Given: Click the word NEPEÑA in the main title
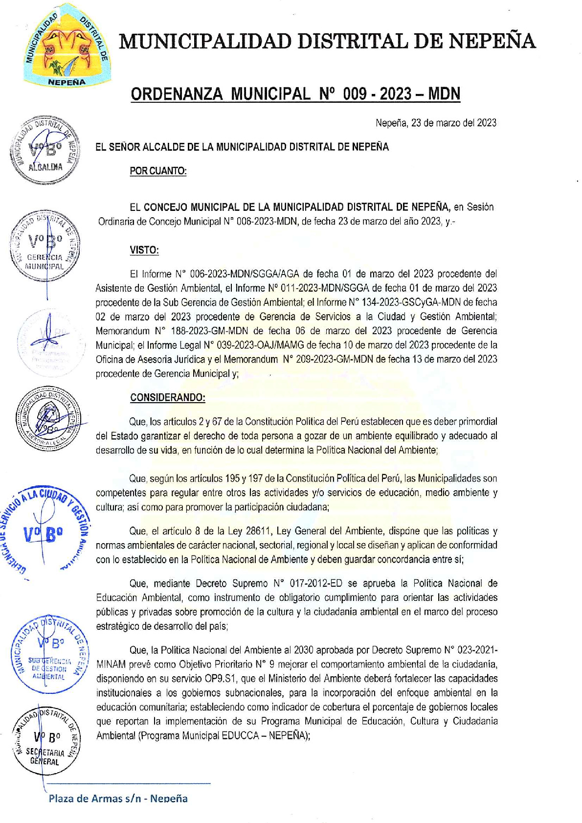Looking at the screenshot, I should click(x=492, y=41).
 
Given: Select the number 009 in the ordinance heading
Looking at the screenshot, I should click(x=355, y=93).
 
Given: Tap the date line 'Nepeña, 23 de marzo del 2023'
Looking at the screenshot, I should click(x=435, y=123).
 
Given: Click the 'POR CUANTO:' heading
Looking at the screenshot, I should click(x=158, y=171).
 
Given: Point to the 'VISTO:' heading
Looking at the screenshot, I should click(x=144, y=250).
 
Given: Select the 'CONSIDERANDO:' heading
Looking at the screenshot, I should click(x=168, y=397).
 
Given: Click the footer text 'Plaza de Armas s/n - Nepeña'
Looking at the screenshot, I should click(x=118, y=798).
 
